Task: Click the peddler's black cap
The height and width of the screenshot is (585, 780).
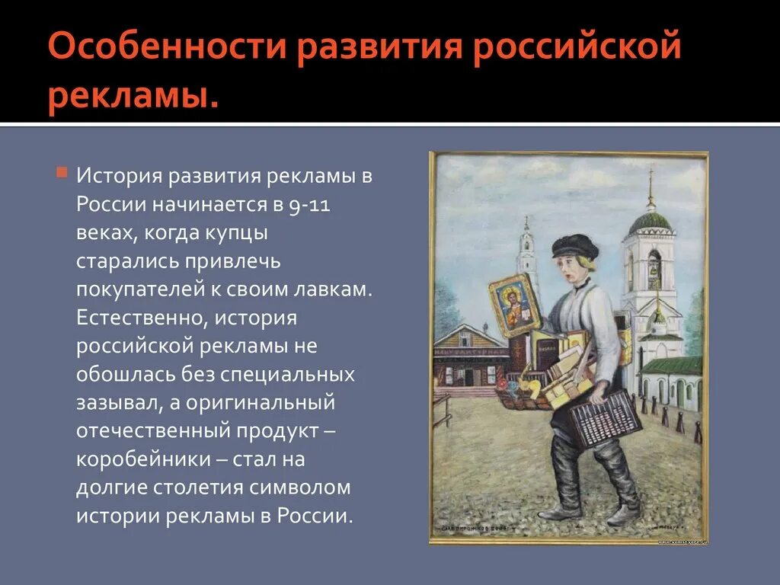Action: (574, 245)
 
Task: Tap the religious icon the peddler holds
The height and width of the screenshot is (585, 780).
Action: (514, 305)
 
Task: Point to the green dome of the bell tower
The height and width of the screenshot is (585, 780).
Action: (650, 222)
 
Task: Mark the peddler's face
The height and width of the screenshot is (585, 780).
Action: (574, 268)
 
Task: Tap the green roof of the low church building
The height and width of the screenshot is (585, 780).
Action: (670, 366)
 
